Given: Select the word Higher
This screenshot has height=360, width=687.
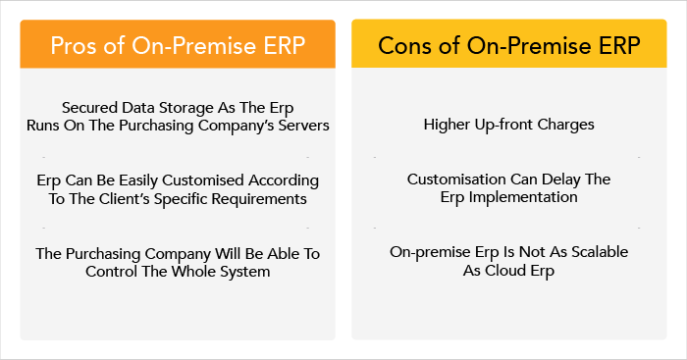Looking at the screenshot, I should (448, 125).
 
